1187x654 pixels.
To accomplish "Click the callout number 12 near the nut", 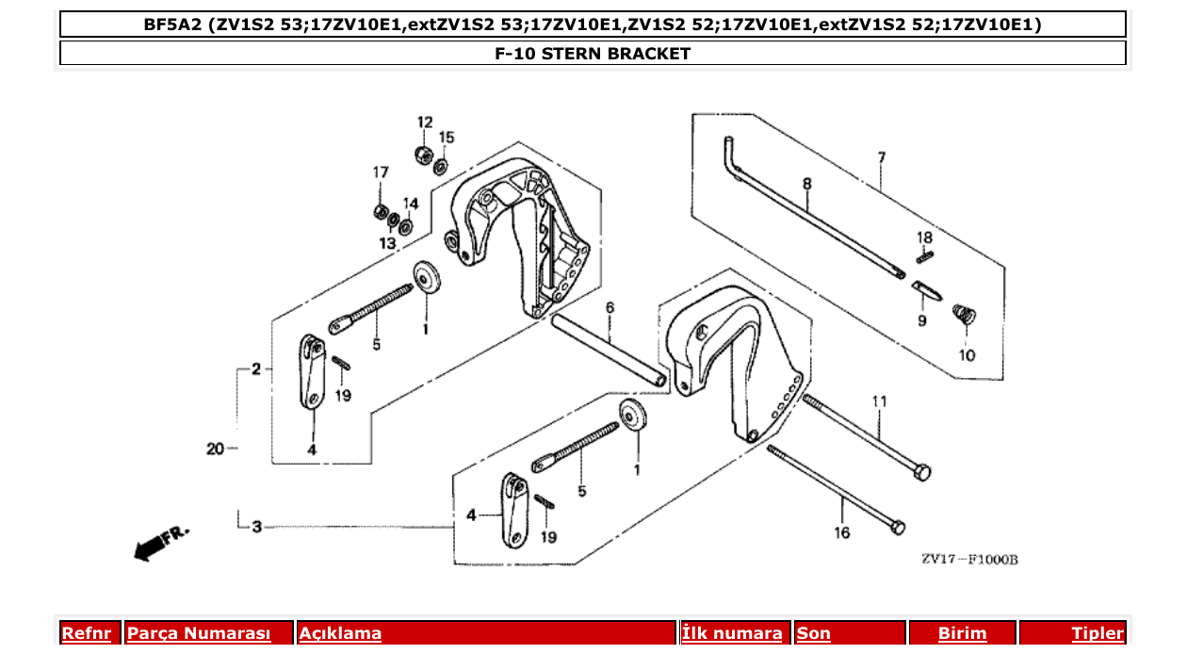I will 425,123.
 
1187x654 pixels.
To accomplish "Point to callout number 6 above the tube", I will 610,308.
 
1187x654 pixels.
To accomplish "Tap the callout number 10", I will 967,355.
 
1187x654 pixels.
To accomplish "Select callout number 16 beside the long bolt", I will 841,533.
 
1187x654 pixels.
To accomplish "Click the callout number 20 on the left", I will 216,450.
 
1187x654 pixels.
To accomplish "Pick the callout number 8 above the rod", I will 807,184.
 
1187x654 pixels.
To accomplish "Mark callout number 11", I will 879,401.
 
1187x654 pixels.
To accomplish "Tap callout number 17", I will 381,172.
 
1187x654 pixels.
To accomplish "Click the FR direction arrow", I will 160,543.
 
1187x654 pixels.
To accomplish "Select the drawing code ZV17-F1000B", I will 968,560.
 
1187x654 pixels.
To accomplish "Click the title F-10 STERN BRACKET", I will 593,54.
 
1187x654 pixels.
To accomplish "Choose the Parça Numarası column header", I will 199,633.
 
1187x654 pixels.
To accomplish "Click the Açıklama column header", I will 340,633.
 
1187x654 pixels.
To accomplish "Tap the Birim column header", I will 962,633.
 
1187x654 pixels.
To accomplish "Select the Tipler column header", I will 1098,633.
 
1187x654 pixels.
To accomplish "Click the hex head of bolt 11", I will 922,471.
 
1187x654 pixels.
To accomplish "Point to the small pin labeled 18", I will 926,253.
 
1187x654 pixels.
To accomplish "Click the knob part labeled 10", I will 963,314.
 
